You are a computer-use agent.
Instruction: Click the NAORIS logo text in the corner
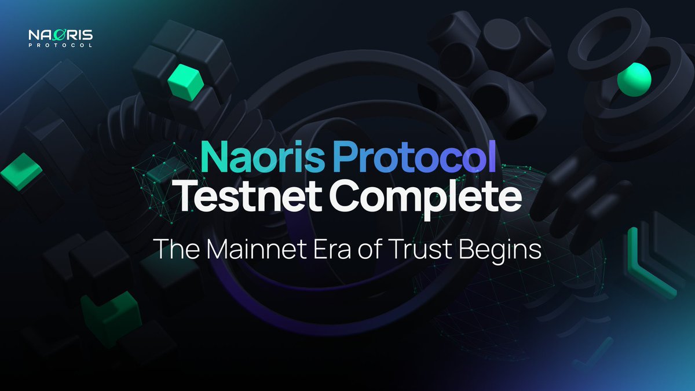click(60, 36)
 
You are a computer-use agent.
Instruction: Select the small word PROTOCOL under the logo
click(60, 47)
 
